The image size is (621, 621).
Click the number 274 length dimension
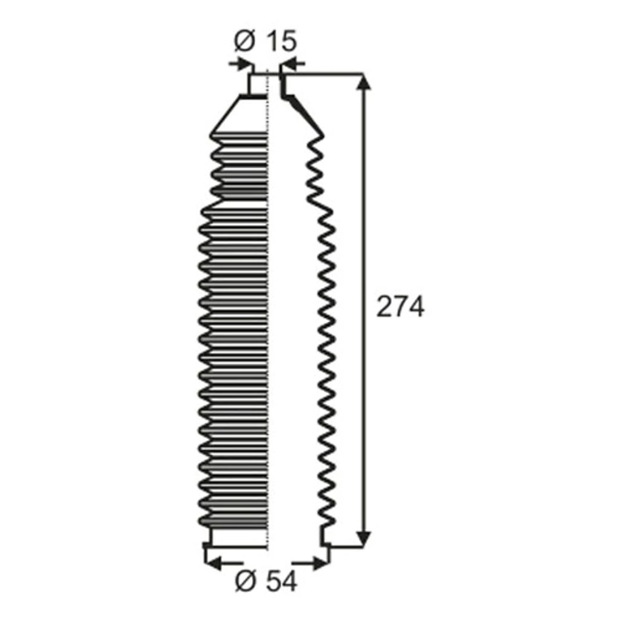pyautogui.click(x=400, y=306)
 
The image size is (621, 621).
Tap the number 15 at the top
pyautogui.click(x=281, y=41)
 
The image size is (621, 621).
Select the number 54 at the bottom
pyautogui.click(x=281, y=581)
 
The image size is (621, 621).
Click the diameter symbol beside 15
pyautogui.click(x=244, y=41)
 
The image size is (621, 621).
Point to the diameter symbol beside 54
pyautogui.click(x=246, y=582)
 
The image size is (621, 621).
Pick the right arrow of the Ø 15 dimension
pyautogui.click(x=293, y=63)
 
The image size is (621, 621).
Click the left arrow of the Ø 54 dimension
pyautogui.click(x=225, y=562)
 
